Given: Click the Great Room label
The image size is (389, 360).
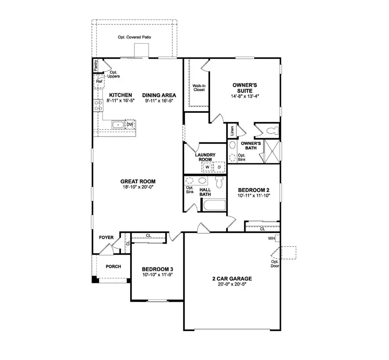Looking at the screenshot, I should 138,182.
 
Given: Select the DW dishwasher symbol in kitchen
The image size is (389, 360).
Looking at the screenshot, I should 130,124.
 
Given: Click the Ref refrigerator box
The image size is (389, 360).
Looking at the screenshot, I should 99,81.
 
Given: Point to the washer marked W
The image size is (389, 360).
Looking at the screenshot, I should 207,167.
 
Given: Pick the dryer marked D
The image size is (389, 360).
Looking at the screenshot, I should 219,167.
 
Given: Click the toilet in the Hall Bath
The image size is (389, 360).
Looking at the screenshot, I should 219,183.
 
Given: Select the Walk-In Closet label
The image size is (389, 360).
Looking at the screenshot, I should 199,88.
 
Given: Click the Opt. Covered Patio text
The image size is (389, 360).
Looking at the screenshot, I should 134,38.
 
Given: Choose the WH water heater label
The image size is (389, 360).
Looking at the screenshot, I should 271,239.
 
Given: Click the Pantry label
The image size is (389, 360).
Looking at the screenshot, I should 96,65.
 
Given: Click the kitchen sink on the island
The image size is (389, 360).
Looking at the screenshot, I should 118,125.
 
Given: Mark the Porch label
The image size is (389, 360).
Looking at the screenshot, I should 113,267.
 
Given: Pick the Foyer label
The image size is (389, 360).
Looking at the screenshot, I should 106,238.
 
